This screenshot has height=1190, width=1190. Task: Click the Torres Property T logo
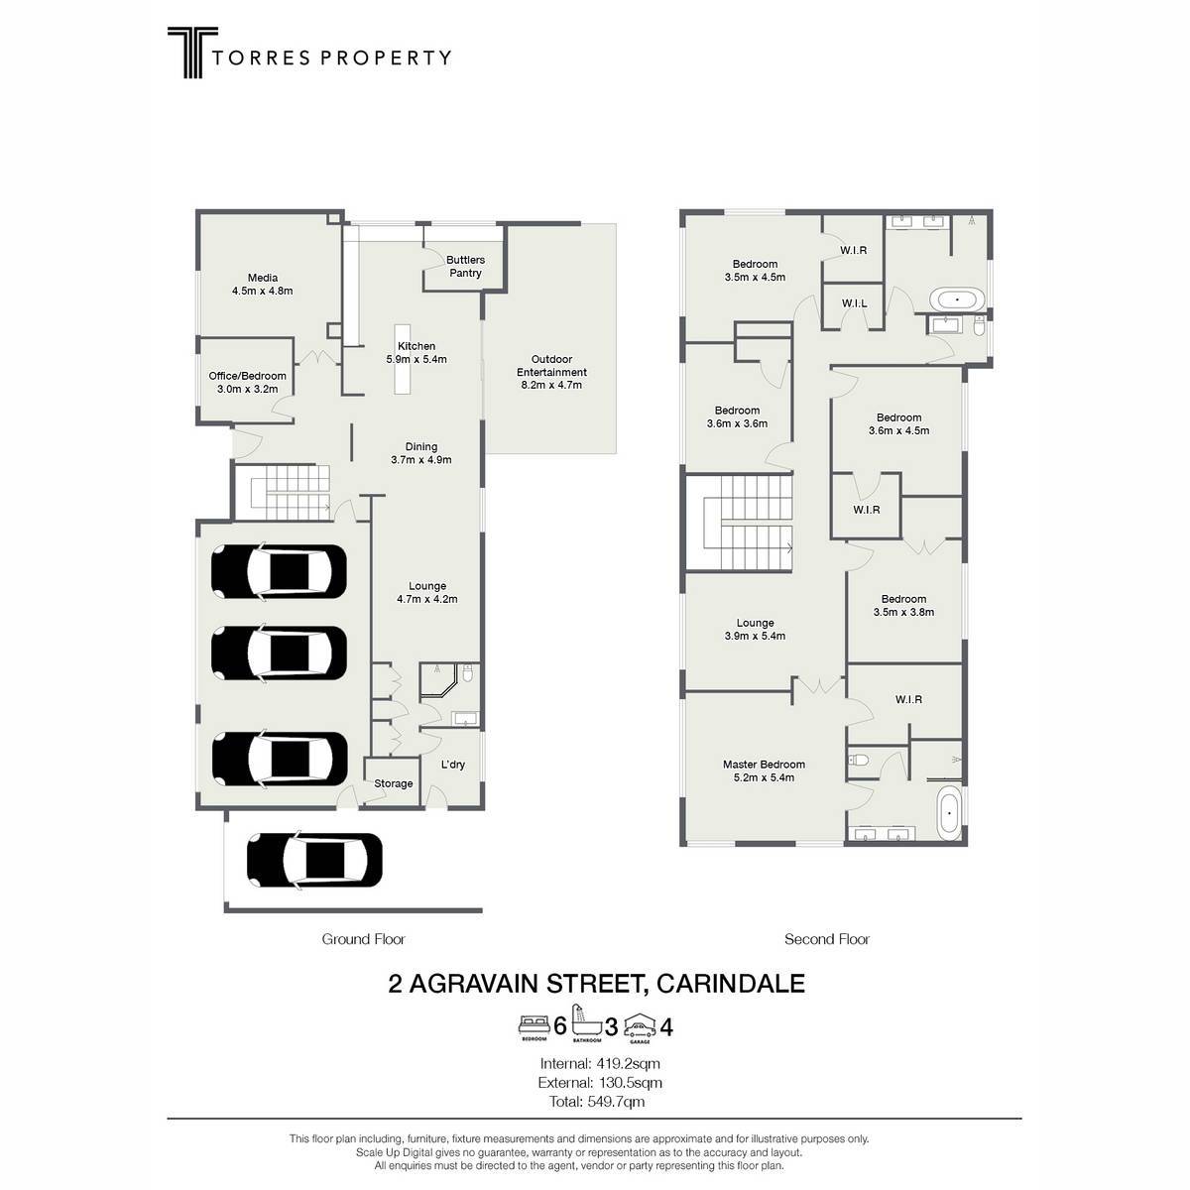pyautogui.click(x=192, y=52)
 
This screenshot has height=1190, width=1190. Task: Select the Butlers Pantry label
pyautogui.click(x=465, y=266)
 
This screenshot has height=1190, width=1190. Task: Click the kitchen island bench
pyautogui.click(x=403, y=358)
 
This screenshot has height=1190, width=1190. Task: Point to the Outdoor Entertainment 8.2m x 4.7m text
pyautogui.click(x=551, y=372)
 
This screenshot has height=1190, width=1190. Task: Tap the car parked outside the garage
pyautogui.click(x=314, y=860)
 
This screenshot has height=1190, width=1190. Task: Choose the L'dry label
pyautogui.click(x=452, y=765)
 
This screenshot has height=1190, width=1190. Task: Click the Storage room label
pyautogui.click(x=394, y=783)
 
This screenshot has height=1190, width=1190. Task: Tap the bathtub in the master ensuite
pyautogui.click(x=949, y=813)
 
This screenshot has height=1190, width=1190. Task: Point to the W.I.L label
pyautogui.click(x=854, y=303)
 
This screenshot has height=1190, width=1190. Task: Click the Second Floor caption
pyautogui.click(x=827, y=939)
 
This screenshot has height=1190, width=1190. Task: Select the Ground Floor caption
pyautogui.click(x=363, y=939)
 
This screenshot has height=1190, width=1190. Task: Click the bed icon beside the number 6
pyautogui.click(x=535, y=1025)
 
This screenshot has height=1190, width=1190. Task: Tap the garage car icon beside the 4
pyautogui.click(x=640, y=1026)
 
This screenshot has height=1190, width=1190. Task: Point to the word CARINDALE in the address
pyautogui.click(x=731, y=984)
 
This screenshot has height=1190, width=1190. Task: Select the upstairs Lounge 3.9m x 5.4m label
pyautogui.click(x=755, y=630)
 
